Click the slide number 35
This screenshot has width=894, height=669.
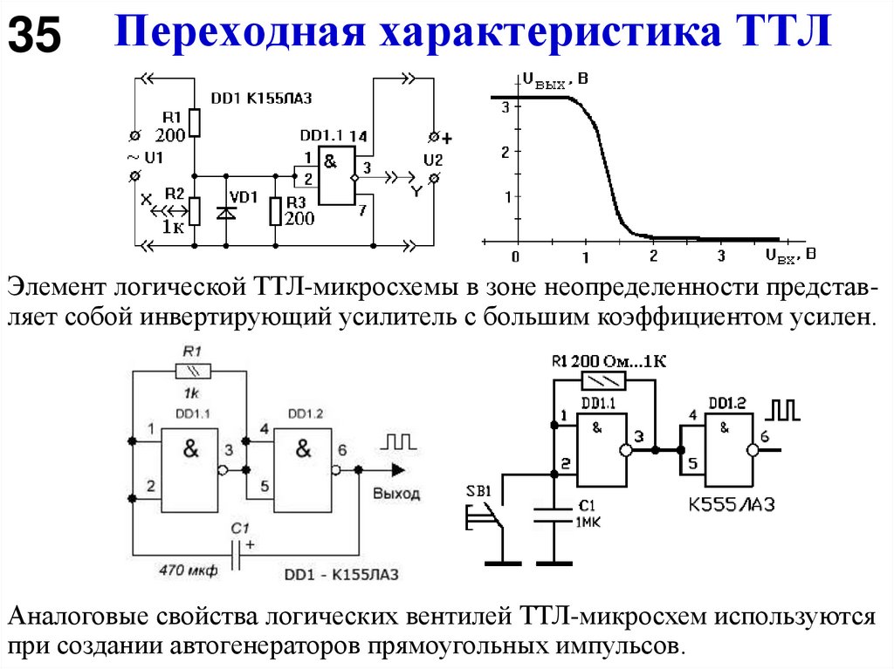[35, 36]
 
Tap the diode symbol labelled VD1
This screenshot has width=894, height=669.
[227, 210]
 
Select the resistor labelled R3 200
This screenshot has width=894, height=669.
[276, 210]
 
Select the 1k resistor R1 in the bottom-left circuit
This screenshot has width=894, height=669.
[189, 372]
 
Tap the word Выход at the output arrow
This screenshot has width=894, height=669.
[395, 494]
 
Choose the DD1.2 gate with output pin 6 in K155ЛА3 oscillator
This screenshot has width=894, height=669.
[301, 463]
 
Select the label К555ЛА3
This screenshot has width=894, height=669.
[732, 505]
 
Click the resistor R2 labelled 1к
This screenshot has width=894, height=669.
[194, 210]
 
